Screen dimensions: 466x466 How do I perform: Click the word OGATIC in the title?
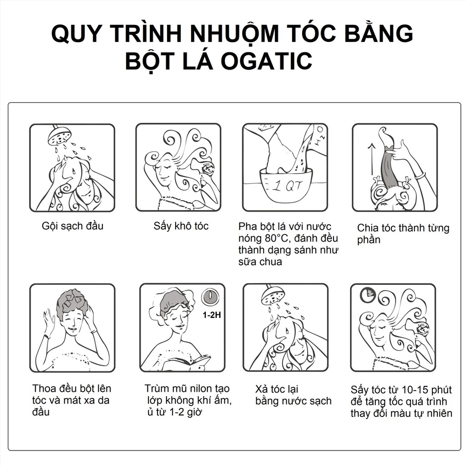click(267, 61)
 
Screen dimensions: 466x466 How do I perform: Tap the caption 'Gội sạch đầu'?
click(72, 226)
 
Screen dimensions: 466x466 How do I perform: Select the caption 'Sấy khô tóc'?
click(181, 226)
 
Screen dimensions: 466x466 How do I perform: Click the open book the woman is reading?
click(187, 363)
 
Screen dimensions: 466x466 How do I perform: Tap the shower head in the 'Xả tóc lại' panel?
click(273, 295)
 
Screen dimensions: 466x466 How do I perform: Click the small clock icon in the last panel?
click(365, 295)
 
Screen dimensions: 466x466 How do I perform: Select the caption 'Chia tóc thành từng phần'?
click(403, 233)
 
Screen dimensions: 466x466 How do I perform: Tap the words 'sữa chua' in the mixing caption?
click(260, 262)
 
